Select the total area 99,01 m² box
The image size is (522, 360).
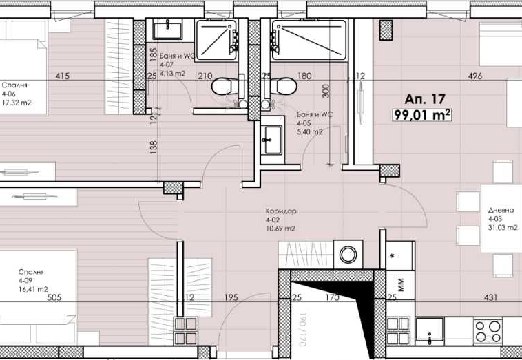(421, 115)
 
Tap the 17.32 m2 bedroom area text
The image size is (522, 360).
(17, 103)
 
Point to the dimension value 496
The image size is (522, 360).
(475, 76)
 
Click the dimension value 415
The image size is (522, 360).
(62, 76)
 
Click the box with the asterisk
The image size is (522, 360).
(393, 257)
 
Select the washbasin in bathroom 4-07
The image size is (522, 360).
(166, 30)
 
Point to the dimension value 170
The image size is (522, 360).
(332, 298)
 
